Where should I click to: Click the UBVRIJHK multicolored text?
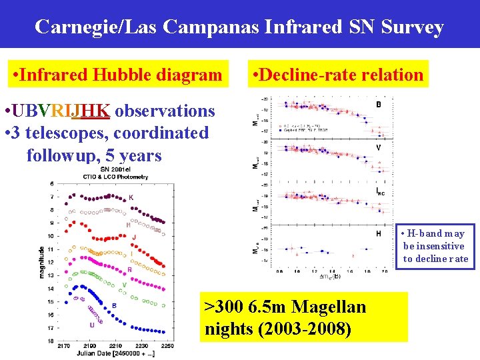[60, 110]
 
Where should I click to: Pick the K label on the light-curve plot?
[131, 197]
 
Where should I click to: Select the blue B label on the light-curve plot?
[114, 306]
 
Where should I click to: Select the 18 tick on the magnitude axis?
[50, 341]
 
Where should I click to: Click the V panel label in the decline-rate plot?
[379, 147]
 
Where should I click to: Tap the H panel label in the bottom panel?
[379, 234]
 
